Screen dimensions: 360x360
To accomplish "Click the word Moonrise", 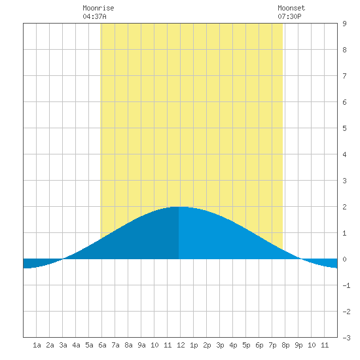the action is pyautogui.click(x=98, y=8).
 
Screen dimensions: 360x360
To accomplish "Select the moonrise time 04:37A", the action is pyautogui.click(x=94, y=16).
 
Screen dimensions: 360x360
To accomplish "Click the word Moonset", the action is pyautogui.click(x=291, y=8).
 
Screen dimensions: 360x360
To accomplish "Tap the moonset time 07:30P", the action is pyautogui.click(x=289, y=16).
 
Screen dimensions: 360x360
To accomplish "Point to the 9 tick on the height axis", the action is pyautogui.click(x=344, y=24).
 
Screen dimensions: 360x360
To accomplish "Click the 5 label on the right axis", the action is pyautogui.click(x=344, y=128).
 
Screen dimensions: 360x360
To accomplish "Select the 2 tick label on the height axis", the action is pyautogui.click(x=344, y=207).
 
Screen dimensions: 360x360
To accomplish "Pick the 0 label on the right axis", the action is pyautogui.click(x=344, y=259).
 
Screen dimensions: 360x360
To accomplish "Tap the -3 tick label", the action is pyautogui.click(x=346, y=338).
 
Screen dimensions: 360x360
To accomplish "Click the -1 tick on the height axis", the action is pyautogui.click(x=346, y=285).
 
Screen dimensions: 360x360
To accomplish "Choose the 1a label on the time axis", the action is pyautogui.click(x=37, y=345).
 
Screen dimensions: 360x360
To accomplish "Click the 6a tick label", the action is pyautogui.click(x=102, y=345).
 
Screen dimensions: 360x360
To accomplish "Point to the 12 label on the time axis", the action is pyautogui.click(x=181, y=345).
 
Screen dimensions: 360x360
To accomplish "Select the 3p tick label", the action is pyautogui.click(x=220, y=345).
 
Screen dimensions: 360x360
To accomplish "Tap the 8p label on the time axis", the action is pyautogui.click(x=285, y=345).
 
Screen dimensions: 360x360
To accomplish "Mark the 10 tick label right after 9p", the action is pyautogui.click(x=312, y=345).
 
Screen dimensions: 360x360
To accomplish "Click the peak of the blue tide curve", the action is pyautogui.click(x=179, y=207).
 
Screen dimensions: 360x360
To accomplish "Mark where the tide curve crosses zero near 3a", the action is pyautogui.click(x=63, y=259).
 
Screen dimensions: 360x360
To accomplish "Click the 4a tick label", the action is pyautogui.click(x=76, y=345).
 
